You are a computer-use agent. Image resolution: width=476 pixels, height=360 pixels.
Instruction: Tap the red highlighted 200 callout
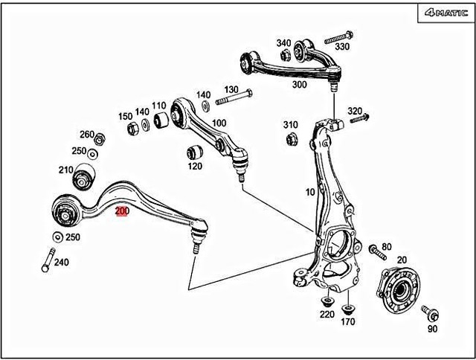click(x=122, y=211)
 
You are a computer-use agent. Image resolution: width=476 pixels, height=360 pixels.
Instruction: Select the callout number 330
click(x=341, y=46)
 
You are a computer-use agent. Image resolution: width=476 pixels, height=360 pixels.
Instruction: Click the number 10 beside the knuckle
click(x=309, y=192)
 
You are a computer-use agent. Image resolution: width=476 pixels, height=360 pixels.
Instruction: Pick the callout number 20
click(x=402, y=260)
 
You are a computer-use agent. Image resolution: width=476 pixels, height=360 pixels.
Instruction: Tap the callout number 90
click(x=432, y=328)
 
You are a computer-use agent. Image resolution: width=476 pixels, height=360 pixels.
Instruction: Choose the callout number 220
click(x=327, y=315)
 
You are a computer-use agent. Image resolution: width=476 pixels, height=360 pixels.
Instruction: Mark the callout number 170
click(x=347, y=323)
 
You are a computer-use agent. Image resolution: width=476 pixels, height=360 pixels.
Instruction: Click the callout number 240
click(x=61, y=262)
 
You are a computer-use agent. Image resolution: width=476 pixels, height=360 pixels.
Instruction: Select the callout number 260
click(x=87, y=135)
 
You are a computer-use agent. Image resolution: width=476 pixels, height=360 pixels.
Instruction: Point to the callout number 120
click(x=195, y=166)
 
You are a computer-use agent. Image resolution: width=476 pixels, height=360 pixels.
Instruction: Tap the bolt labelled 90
click(x=428, y=311)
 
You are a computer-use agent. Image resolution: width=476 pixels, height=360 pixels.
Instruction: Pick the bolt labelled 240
click(x=48, y=259)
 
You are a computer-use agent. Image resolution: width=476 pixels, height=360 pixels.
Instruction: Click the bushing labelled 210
click(x=83, y=179)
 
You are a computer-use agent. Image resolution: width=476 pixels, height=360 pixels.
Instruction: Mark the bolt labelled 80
click(x=373, y=253)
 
